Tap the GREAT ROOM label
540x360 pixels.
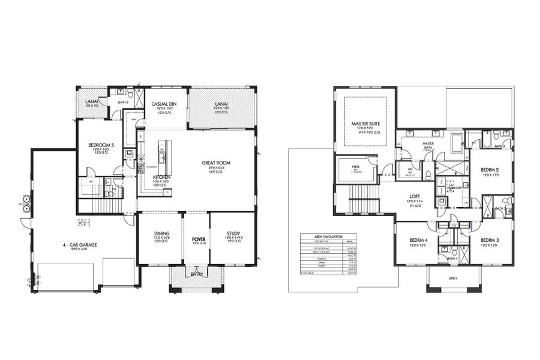[215, 163]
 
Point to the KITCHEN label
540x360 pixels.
[162, 178]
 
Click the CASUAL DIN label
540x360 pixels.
[163, 104]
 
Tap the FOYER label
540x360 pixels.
[198, 238]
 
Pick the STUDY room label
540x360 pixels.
[233, 233]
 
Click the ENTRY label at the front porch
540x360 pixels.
[197, 275]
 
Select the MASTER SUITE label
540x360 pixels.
[366, 124]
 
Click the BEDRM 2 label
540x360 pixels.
[490, 169]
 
